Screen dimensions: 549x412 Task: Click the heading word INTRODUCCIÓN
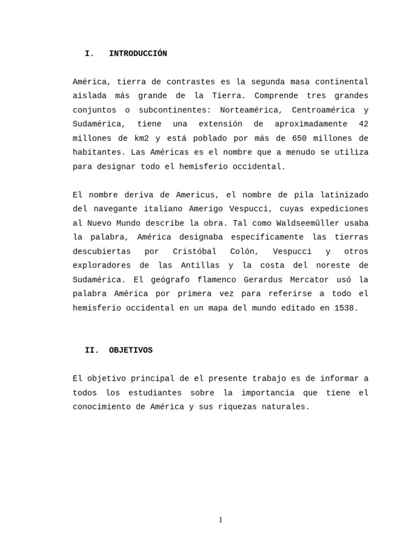pos(138,54)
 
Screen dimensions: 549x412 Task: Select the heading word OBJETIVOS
pos(130,350)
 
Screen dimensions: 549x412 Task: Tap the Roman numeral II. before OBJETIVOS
pos(92,350)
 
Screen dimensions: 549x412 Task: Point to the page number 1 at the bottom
pos(220,520)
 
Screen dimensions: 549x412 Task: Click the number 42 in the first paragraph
pos(363,124)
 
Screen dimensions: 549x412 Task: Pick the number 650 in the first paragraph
pos(299,138)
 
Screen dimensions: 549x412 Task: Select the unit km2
pos(138,138)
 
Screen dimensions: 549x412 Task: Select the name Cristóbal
pos(194,251)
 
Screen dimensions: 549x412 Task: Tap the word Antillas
pos(200,265)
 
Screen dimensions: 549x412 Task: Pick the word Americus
pos(197,195)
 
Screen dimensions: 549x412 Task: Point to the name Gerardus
pos(263,279)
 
